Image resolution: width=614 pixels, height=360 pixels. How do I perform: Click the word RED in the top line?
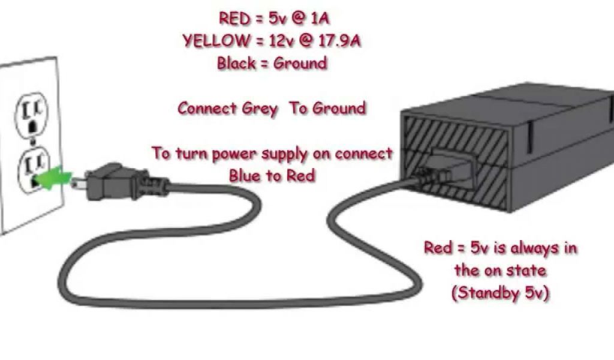click(234, 19)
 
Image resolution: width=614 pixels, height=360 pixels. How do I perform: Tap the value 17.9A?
click(341, 41)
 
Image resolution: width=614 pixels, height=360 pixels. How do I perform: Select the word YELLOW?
click(212, 41)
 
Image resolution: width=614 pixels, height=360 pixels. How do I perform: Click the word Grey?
click(260, 109)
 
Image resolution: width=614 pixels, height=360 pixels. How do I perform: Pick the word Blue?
click(246, 176)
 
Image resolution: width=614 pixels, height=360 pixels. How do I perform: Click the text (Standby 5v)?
click(501, 294)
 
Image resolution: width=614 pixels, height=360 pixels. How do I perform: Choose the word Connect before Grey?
click(207, 109)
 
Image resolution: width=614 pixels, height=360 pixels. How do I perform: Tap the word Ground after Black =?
click(300, 63)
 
